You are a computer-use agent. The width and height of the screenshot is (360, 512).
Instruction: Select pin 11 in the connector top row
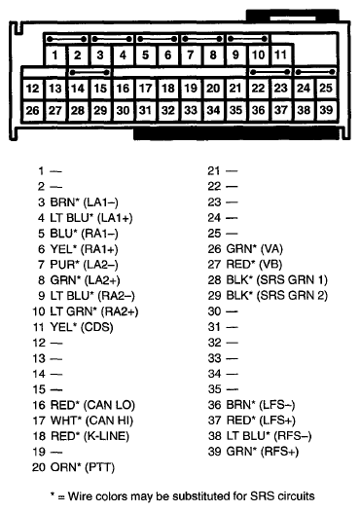click(x=280, y=55)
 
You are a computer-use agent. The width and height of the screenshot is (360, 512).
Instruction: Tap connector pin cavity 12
click(x=33, y=89)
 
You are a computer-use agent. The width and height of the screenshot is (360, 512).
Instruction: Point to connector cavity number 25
click(x=326, y=89)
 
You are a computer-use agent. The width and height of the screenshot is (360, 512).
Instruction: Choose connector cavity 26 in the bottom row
click(x=33, y=110)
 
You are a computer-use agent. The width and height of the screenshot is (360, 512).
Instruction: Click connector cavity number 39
click(x=326, y=110)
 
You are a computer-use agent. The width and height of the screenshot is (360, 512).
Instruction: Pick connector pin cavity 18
click(x=167, y=89)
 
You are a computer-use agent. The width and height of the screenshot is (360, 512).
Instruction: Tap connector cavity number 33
click(x=190, y=110)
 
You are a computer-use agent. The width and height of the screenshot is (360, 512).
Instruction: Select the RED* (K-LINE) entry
click(x=88, y=436)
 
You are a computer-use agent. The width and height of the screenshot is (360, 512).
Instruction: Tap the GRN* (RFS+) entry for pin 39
click(x=258, y=452)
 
